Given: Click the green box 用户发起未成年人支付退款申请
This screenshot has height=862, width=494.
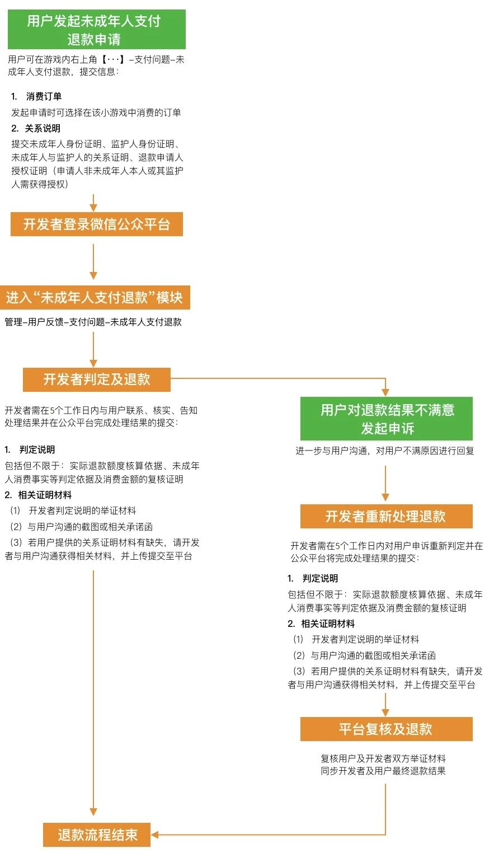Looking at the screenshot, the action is pos(96,30).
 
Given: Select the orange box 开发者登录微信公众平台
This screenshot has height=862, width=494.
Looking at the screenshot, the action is pos(96,224).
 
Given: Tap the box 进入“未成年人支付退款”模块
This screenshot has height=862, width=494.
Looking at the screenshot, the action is pos(95,297).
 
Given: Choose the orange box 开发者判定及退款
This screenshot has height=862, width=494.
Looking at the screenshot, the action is pos(96,380).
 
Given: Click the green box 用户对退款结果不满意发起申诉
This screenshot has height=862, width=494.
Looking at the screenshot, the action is pos(386,419).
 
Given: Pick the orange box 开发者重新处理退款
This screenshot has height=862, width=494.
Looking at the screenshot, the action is pos(386,516).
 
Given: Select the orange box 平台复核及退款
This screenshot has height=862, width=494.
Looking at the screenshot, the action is pos(386,729).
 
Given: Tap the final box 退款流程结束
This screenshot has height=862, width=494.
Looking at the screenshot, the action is pos(97,835).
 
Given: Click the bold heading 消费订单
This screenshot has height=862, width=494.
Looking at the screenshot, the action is pos(44,96).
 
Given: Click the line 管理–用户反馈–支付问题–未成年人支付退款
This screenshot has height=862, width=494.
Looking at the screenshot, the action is pos(93,322).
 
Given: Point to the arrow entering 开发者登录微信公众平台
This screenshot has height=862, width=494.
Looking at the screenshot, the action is pos(93,203).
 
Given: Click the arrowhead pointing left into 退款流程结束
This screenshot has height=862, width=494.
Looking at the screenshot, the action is pos(156,835).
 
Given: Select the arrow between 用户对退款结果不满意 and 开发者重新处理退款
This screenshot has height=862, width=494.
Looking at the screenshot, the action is pos(385,483).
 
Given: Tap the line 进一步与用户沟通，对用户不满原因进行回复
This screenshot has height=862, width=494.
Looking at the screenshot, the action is pos(385,451).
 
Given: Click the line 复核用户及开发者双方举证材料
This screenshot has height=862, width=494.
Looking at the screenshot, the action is pos(383,758).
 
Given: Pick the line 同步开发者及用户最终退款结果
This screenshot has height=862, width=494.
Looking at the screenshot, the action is pos(383,771).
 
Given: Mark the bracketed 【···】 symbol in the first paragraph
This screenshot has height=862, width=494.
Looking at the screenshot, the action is pos(113,59).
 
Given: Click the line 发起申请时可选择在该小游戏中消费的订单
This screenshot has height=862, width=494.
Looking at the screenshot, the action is pos(96,113).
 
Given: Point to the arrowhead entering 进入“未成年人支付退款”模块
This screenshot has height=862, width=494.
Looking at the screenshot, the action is pos(93,275).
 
